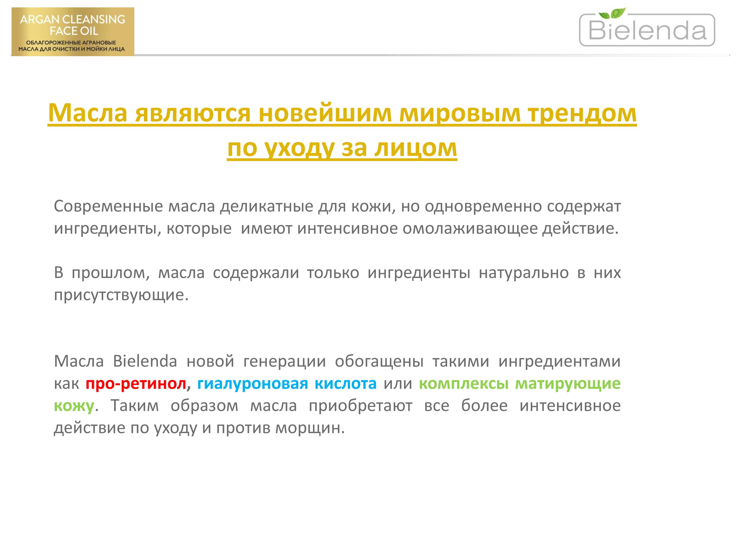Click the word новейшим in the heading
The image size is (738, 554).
click(x=325, y=113)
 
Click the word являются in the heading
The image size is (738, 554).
click(x=193, y=113)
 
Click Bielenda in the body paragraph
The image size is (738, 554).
click(x=145, y=361)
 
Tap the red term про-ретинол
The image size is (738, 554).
click(x=136, y=384)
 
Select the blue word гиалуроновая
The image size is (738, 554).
click(x=252, y=384)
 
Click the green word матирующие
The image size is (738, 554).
click(x=568, y=384)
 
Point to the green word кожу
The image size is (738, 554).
click(x=74, y=406)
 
